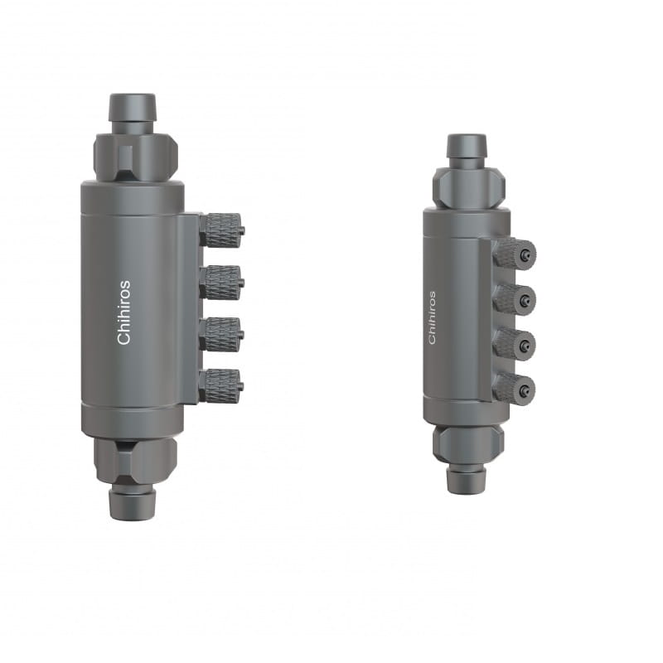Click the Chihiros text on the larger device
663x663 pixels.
tap(123, 312)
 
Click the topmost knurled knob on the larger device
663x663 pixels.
tap(221, 230)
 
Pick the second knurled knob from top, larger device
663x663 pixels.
tap(221, 282)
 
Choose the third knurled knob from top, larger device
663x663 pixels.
tap(221, 334)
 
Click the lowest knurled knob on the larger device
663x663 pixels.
tap(221, 385)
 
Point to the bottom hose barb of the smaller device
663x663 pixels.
tap(467, 477)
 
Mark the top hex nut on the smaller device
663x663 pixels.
tap(468, 187)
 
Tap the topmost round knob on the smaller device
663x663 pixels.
tap(515, 254)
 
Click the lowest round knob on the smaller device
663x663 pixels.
tap(515, 388)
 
